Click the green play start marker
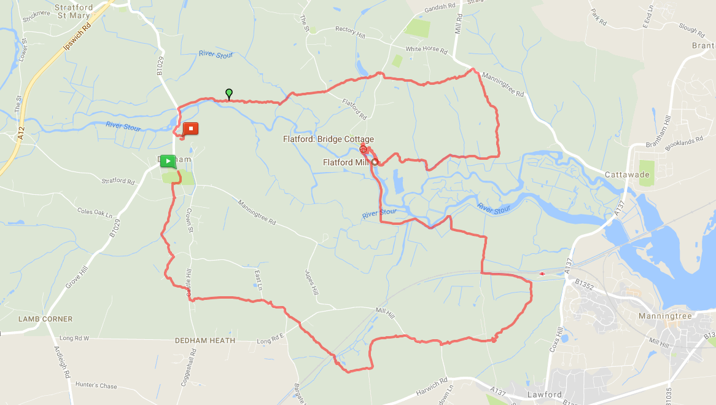168,162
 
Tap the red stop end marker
191,129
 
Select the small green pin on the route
229,93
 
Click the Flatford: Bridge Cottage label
328,140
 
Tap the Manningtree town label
665,316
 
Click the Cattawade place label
628,174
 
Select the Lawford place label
545,395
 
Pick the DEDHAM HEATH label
205,340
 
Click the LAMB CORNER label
45,319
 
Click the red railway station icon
542,273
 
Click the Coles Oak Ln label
95,212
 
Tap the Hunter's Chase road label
96,386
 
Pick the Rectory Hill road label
349,33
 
